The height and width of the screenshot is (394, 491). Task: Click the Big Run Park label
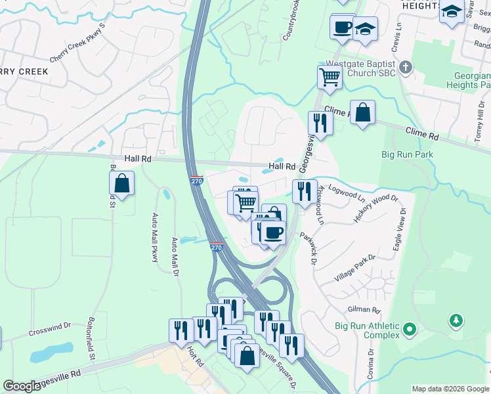pos(408,155)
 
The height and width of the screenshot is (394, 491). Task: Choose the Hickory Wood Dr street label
pos(375,208)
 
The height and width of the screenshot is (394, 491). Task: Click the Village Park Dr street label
pos(354,268)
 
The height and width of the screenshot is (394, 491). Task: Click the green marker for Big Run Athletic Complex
pos(410,328)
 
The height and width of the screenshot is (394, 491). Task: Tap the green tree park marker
pos(455,320)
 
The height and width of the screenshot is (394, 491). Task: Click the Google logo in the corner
pos(22,386)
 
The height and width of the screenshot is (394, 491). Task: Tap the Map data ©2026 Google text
pos(450,389)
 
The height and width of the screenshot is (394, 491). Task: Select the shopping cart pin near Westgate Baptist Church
pos(330,77)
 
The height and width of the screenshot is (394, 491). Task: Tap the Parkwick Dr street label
pos(309,248)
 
